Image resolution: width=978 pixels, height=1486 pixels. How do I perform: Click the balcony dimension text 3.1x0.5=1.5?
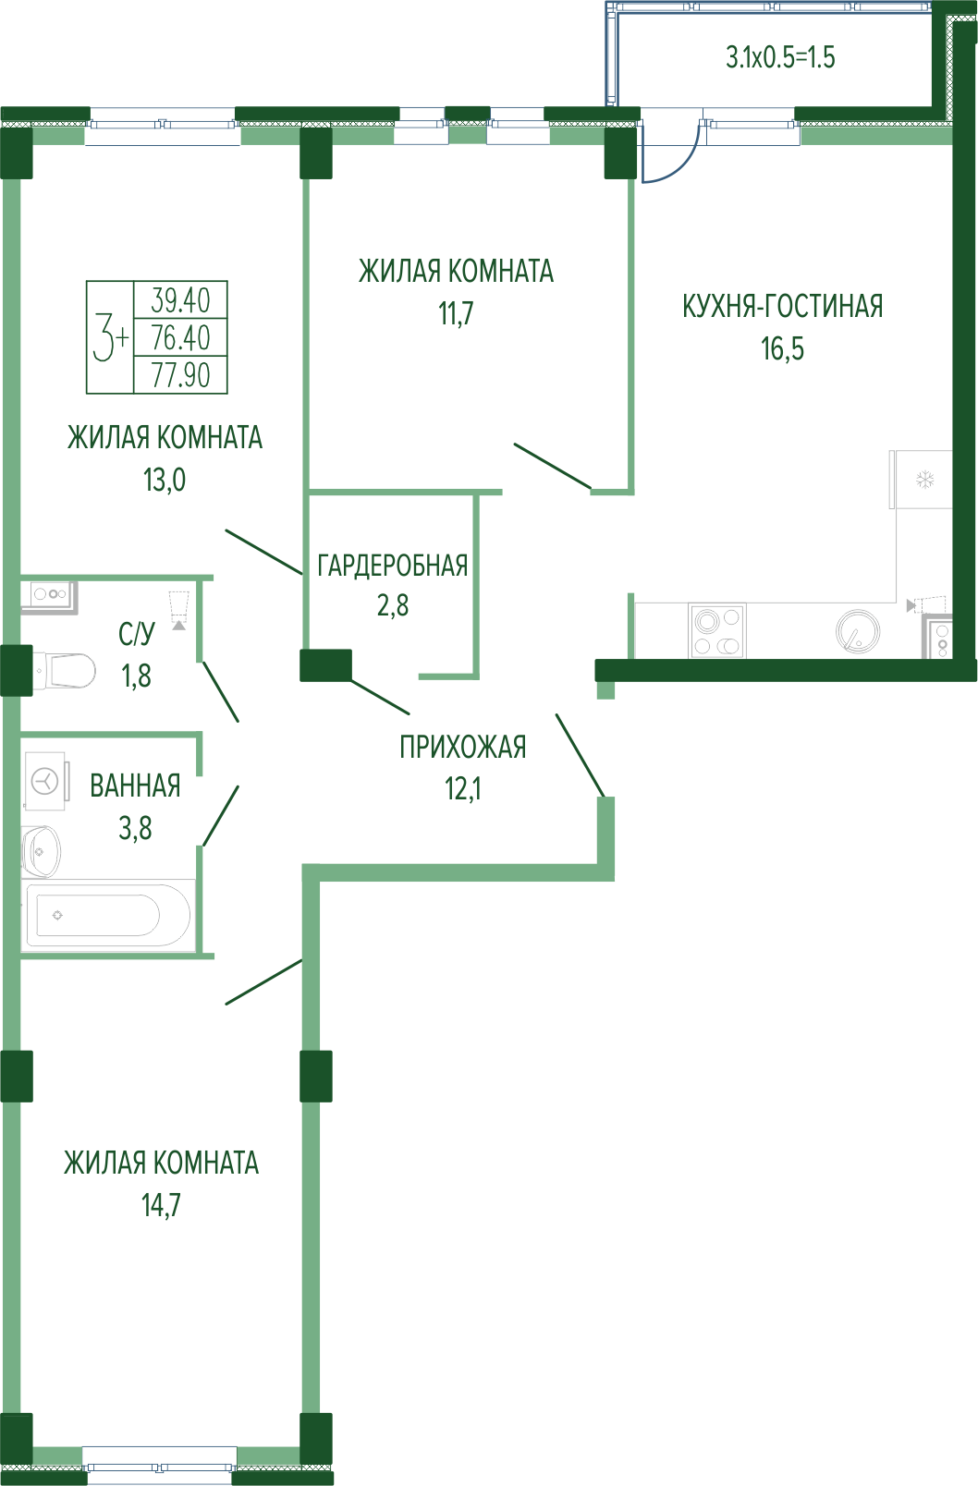pos(780,57)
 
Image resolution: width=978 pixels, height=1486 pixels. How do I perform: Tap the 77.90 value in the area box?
pos(180,375)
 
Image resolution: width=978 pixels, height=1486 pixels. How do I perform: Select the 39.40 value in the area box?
pos(180,299)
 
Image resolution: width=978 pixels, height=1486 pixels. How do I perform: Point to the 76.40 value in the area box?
pos(180,337)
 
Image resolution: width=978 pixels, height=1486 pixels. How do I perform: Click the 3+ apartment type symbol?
pos(110,337)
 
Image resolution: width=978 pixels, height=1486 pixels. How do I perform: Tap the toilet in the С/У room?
pos(65,670)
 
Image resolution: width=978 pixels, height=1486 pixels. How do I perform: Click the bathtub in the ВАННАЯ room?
pos(108,916)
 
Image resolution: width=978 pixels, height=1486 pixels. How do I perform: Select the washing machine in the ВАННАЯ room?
pos(45,781)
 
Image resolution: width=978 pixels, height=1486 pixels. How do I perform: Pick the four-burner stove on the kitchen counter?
pos(717,630)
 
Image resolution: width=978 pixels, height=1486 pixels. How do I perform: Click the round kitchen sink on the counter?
pos(858,631)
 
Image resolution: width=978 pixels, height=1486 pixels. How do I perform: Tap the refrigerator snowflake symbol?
pos(925,479)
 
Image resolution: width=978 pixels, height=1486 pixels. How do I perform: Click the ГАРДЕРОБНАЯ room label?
pos(393,566)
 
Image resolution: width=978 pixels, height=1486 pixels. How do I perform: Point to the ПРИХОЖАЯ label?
pos(463,748)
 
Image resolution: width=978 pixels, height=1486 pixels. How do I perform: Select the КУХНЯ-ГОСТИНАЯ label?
pos(783,307)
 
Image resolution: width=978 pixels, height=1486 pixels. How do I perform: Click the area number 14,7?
pos(161,1205)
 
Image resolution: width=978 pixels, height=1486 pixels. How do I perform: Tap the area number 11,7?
pos(456,313)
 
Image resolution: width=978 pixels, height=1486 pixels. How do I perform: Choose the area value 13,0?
pos(165,480)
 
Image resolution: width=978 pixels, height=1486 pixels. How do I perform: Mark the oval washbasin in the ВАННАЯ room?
pos(42,851)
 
